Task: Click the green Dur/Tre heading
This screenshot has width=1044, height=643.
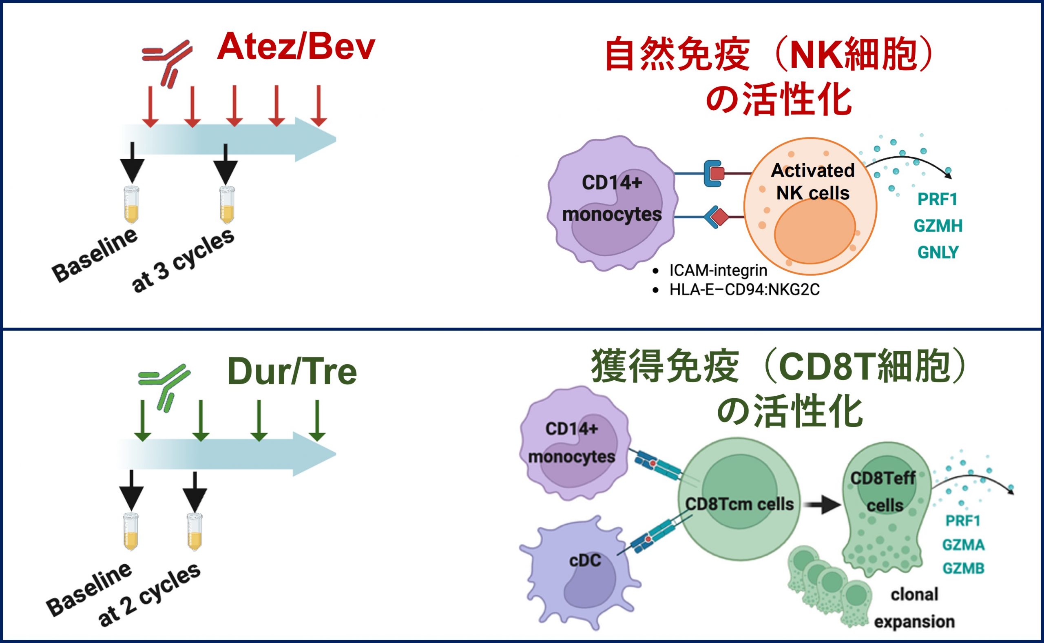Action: pos(292,372)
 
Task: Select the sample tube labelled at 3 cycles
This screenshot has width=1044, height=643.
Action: pos(228,205)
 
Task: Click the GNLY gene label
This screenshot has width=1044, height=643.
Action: pos(938,252)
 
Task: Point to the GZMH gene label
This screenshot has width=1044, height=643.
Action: pos(938,226)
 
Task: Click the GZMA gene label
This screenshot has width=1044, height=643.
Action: pos(963,545)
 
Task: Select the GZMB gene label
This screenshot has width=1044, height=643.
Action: pos(963,568)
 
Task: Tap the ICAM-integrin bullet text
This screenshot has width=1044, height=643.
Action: pos(718,270)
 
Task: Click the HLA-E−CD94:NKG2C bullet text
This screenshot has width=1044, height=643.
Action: pos(744,290)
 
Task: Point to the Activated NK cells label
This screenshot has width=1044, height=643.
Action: pos(813,182)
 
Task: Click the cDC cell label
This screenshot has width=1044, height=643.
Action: pos(585,560)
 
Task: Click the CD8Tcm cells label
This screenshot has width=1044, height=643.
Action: pos(739,504)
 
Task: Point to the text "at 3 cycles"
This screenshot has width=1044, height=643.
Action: pos(183,261)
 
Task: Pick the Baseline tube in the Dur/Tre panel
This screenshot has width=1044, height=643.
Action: pos(131,532)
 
